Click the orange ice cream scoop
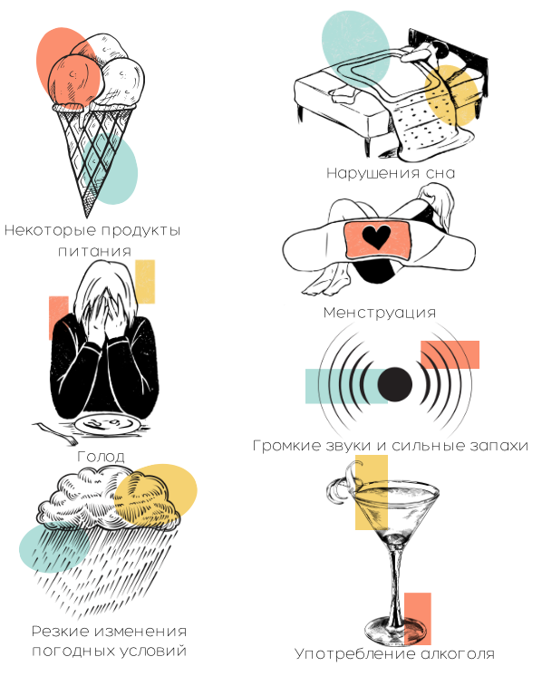pyautogui.click(x=73, y=80)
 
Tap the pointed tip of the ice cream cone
pyautogui.click(x=87, y=217)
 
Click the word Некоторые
pyautogui.click(x=51, y=230)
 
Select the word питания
pyautogui.click(x=94, y=251)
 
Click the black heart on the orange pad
pyautogui.click(x=376, y=237)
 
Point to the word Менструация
pyautogui.click(x=380, y=313)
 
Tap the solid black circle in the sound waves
pyautogui.click(x=395, y=384)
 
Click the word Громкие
pyautogui.click(x=286, y=445)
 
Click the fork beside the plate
pyautogui.click(x=54, y=433)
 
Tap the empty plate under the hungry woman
pyautogui.click(x=107, y=425)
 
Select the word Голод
pyautogui.click(x=101, y=456)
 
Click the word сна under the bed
pyautogui.click(x=440, y=173)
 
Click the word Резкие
pyautogui.click(x=60, y=632)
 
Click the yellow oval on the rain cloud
pyautogui.click(x=156, y=494)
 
